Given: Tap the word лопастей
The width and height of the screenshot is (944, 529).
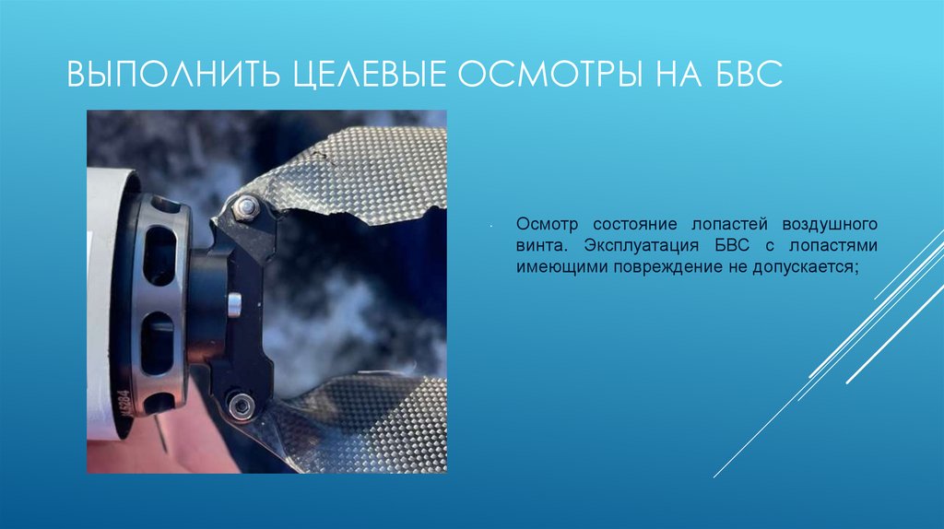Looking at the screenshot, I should click(x=733, y=225).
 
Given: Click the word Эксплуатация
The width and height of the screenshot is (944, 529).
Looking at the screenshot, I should click(x=629, y=246).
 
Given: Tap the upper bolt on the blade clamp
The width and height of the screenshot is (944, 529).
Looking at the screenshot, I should click(x=246, y=208).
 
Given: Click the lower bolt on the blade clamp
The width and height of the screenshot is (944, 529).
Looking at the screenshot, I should click(x=241, y=404).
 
